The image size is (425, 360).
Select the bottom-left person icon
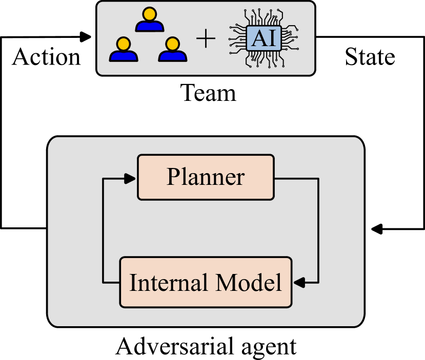coord(123,50)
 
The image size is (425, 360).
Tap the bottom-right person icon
coord(173,50)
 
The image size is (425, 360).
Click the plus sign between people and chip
coord(206,39)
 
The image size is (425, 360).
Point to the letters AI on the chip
coord(264,38)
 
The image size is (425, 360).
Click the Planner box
coord(206,177)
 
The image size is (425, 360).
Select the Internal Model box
coord(206,282)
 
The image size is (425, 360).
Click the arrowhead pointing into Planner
coord(131,178)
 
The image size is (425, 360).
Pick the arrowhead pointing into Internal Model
coord(299,282)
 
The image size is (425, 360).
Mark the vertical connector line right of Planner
coord(318,230)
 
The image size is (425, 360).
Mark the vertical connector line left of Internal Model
coord(104,230)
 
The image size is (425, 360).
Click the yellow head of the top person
coord(149,13)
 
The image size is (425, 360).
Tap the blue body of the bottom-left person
coord(123,56)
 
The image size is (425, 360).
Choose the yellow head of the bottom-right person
coord(173,43)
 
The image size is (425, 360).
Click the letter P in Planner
coord(173,177)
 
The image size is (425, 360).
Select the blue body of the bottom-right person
coord(173,56)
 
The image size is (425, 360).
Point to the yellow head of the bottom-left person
coord(123,43)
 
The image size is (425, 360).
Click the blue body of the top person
coord(149,26)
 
